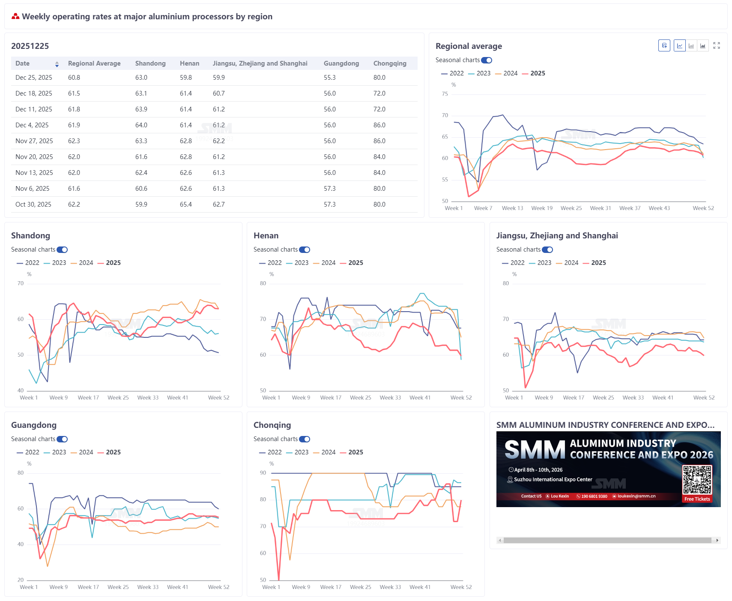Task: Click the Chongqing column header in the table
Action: coord(390,63)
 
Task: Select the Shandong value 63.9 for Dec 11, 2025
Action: coord(141,109)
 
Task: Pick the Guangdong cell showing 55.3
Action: coord(330,78)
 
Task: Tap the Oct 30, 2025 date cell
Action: coord(33,204)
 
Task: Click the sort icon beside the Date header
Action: coord(57,64)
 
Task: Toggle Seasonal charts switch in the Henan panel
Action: coord(305,249)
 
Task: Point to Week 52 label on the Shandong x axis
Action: coord(218,398)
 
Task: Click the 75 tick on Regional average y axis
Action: coord(445,94)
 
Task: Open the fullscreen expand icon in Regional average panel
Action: coord(717,45)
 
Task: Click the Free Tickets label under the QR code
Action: coord(697,499)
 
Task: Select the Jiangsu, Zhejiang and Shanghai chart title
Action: coord(557,236)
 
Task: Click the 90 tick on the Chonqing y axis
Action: coord(263,473)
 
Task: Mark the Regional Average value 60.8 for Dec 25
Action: coord(74,78)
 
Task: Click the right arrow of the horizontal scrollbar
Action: coord(717,540)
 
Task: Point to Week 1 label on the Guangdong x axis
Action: coord(29,587)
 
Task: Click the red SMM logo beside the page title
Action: coord(15,16)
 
